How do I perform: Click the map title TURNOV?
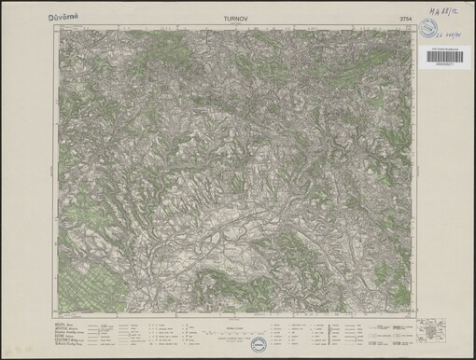(238, 17)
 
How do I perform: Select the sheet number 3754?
(400, 17)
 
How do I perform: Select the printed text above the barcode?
(448, 50)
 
